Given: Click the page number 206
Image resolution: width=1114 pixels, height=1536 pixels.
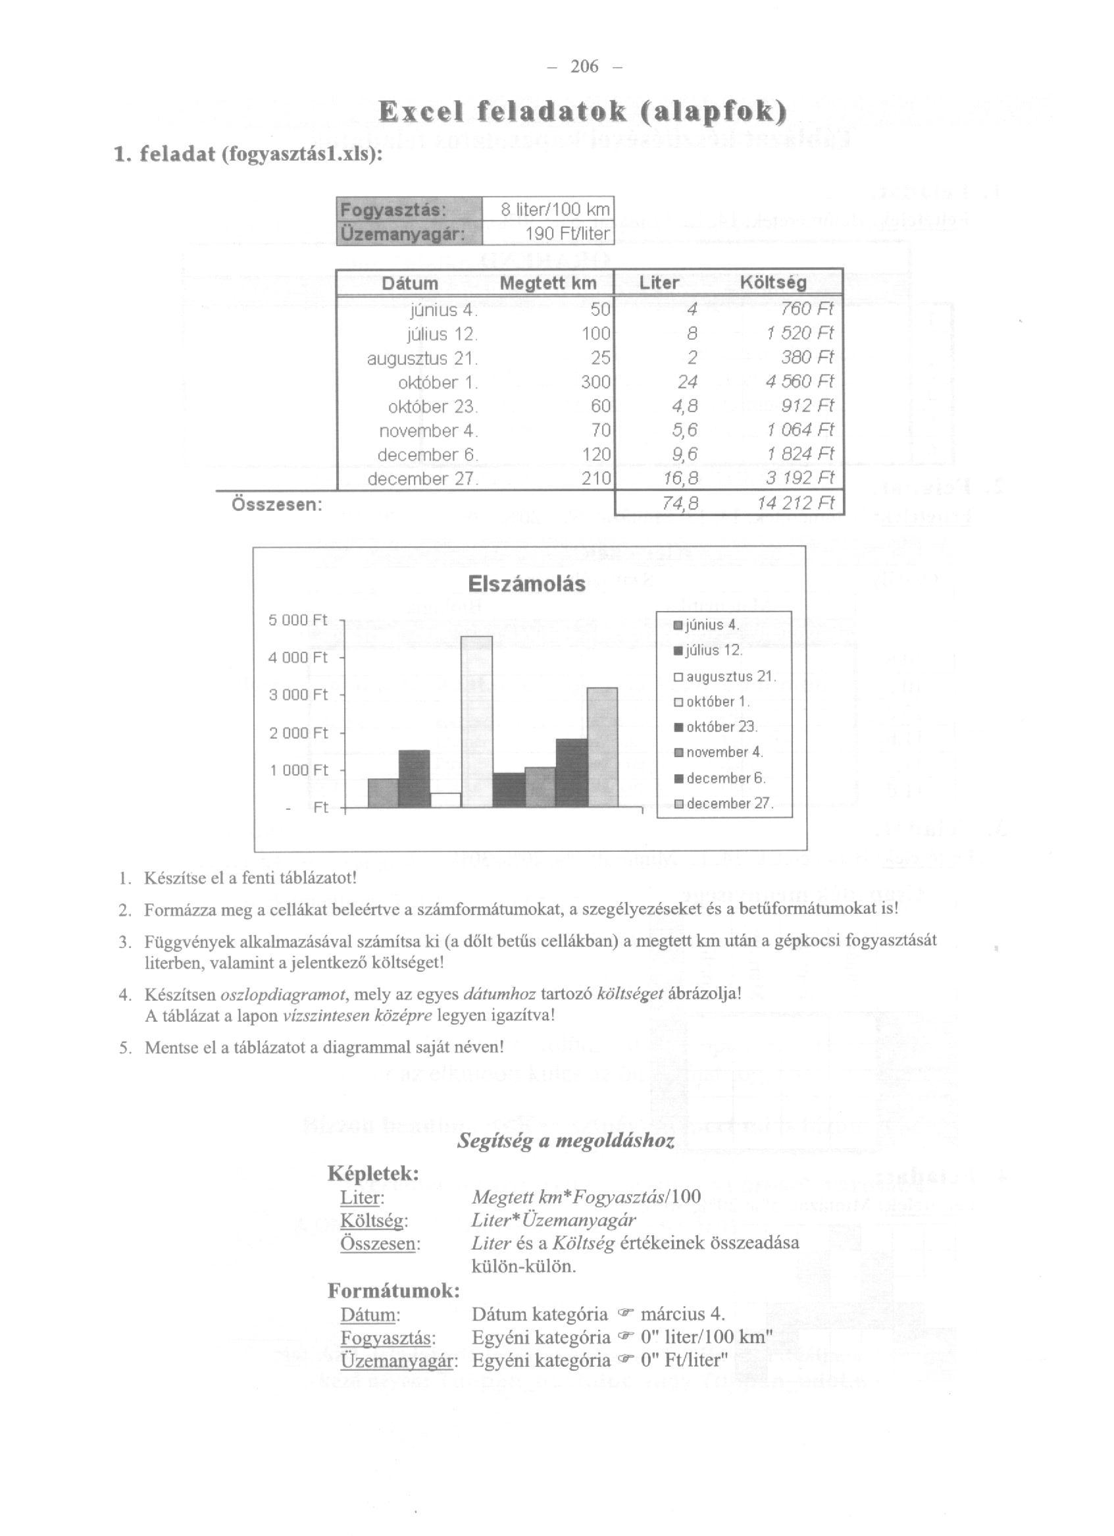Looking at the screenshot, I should pyautogui.click(x=585, y=66).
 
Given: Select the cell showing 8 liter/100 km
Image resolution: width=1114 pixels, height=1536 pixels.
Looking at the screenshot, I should pyautogui.click(x=555, y=209).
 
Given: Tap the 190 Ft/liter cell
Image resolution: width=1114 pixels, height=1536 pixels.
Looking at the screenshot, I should pyautogui.click(x=567, y=234).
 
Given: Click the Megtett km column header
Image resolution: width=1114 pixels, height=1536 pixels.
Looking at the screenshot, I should pyautogui.click(x=547, y=283).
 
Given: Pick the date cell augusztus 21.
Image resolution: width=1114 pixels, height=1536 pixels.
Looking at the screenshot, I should pyautogui.click(x=422, y=358).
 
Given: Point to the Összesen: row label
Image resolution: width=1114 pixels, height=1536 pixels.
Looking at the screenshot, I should pyautogui.click(x=277, y=504).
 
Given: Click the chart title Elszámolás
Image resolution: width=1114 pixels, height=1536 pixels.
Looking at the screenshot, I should pyautogui.click(x=526, y=584).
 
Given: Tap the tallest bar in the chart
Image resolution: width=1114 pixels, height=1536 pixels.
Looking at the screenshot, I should pyautogui.click(x=476, y=722).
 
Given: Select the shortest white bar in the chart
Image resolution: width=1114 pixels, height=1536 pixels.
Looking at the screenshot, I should pyautogui.click(x=445, y=800).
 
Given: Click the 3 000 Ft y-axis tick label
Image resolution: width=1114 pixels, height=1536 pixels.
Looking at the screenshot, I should pyautogui.click(x=299, y=695).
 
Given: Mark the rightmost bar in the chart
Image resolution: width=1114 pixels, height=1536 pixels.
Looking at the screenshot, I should pyautogui.click(x=602, y=748).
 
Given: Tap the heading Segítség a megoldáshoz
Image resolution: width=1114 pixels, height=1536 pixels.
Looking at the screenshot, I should pyautogui.click(x=566, y=1142).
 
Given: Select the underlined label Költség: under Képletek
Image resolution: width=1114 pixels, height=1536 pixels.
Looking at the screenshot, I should pyautogui.click(x=374, y=1221).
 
